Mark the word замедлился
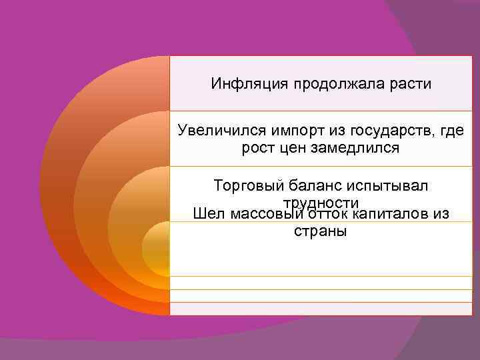360,148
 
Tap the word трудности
321,202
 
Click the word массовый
265,214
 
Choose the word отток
327,214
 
